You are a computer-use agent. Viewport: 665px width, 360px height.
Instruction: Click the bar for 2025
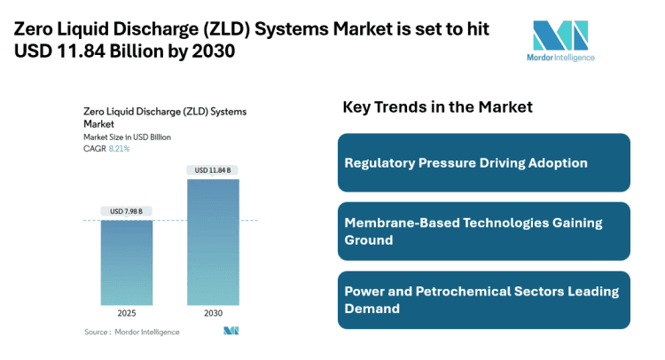(126, 263)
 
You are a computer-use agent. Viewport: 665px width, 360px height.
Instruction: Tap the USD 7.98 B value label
(126, 211)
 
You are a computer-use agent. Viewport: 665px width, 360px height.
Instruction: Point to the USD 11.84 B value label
(212, 170)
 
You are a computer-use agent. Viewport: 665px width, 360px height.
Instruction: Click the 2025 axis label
(126, 314)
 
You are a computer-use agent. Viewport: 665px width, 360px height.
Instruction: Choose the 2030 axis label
(212, 314)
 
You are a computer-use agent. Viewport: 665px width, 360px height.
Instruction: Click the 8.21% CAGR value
(119, 148)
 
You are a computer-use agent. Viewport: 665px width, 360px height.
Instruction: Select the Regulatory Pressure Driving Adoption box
(483, 162)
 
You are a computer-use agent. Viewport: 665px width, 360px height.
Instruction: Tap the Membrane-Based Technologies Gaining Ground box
(483, 231)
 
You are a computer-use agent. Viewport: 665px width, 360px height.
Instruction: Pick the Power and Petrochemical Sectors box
(483, 300)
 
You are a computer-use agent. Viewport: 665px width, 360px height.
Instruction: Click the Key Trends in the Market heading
(437, 107)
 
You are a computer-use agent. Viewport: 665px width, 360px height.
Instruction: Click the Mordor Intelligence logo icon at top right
(559, 35)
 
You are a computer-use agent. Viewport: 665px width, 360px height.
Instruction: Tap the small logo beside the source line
(231, 332)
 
